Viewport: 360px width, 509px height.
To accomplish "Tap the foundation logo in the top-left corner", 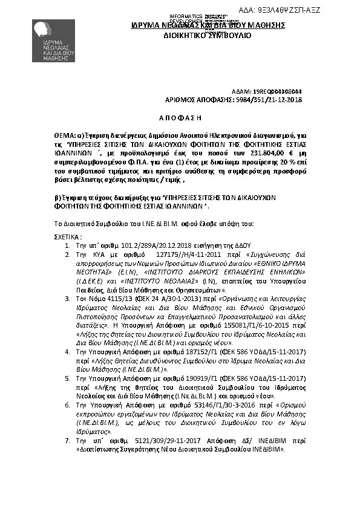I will [x=53, y=40].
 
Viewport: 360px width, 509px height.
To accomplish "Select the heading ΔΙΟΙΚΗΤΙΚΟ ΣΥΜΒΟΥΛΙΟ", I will [x=207, y=36].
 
